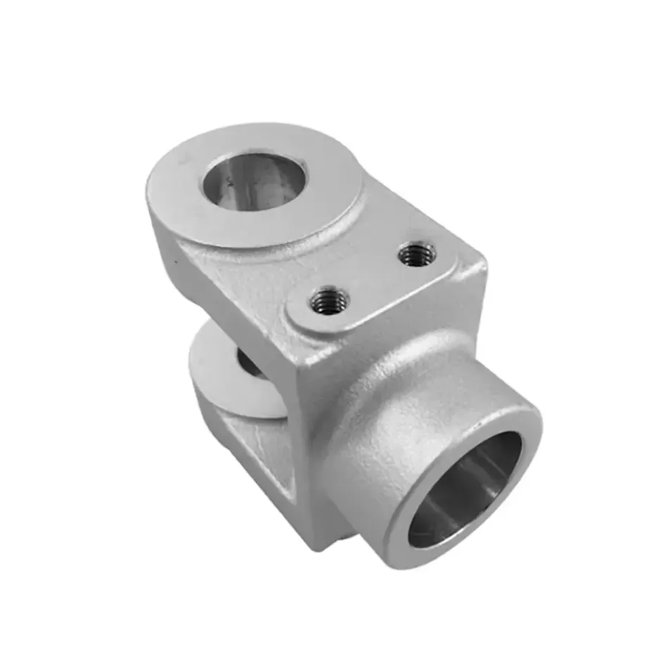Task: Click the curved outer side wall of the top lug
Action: (169, 225)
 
